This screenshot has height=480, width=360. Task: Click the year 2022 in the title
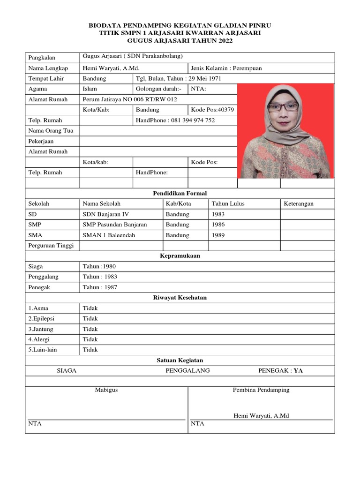click(x=224, y=41)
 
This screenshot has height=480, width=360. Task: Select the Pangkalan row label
click(x=42, y=58)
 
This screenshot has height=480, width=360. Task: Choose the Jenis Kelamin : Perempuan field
click(x=226, y=68)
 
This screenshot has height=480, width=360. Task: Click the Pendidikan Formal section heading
click(x=180, y=193)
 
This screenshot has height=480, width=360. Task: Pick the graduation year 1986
click(x=218, y=225)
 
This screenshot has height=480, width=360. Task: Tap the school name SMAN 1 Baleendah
click(x=109, y=235)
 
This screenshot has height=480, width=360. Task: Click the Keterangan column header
click(x=299, y=203)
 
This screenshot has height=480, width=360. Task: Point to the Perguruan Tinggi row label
click(x=47, y=245)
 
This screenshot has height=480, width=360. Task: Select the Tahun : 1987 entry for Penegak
click(x=100, y=287)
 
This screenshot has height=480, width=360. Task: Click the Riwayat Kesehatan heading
click(x=180, y=298)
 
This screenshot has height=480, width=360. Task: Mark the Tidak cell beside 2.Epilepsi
click(x=90, y=318)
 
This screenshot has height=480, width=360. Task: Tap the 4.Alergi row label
click(x=39, y=339)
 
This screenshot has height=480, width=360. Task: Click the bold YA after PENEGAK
click(x=298, y=370)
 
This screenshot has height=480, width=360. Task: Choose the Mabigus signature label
click(x=106, y=390)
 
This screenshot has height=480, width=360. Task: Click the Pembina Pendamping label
click(x=261, y=390)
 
